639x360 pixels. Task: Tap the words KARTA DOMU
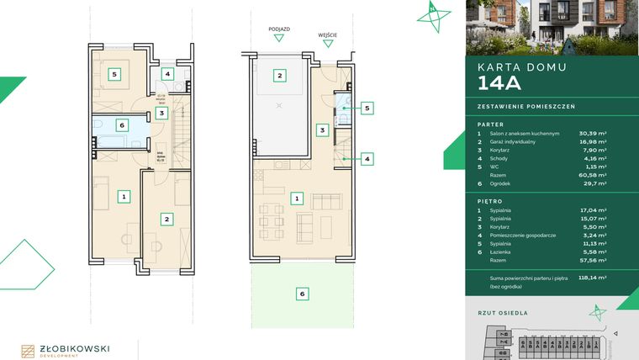pos(521,66)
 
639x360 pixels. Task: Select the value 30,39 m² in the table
pos(594,133)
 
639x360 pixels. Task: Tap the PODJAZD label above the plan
pos(279,29)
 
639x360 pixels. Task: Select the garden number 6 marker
pos(302,294)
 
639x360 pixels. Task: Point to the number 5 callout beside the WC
pos(367,108)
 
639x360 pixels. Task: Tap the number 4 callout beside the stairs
pos(367,157)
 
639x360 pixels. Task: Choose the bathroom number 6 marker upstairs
pos(123,124)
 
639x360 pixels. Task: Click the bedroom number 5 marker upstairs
pos(114,74)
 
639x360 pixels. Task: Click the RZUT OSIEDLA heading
pos(503,312)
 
